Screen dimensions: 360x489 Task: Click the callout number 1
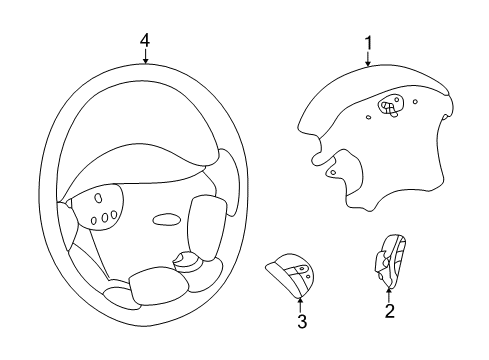(368, 43)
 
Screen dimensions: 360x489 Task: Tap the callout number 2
(389, 311)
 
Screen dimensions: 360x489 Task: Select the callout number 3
(300, 321)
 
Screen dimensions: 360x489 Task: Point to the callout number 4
(145, 39)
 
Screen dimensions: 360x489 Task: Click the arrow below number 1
(368, 59)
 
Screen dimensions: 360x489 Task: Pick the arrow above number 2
(388, 292)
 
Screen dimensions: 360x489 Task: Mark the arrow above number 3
(300, 303)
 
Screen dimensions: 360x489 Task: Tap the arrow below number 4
(145, 56)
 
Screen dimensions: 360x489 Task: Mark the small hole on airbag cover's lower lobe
(330, 171)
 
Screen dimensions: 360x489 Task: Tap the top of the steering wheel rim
(145, 65)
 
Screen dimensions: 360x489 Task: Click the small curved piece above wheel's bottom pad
(186, 261)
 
